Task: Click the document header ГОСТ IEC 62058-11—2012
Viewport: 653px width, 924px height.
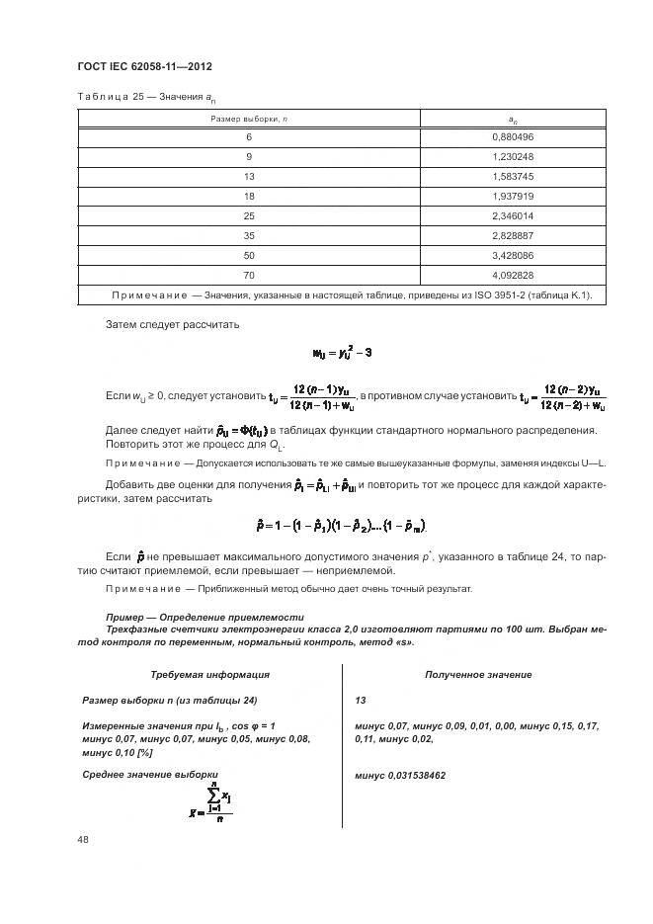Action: [x=144, y=66]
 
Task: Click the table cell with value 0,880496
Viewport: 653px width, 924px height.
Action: [x=512, y=137]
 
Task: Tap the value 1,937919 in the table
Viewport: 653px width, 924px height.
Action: [x=512, y=196]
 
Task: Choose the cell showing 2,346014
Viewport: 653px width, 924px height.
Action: [x=512, y=215]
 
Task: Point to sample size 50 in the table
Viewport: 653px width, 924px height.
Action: [x=249, y=255]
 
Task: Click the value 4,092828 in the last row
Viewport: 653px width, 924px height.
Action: [x=512, y=275]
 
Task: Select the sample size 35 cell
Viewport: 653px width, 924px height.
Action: [x=249, y=235]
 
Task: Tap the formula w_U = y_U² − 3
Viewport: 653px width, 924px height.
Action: [x=342, y=353]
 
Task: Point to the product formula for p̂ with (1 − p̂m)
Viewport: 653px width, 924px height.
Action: [x=341, y=524]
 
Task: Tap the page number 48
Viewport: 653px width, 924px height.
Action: [x=83, y=840]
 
